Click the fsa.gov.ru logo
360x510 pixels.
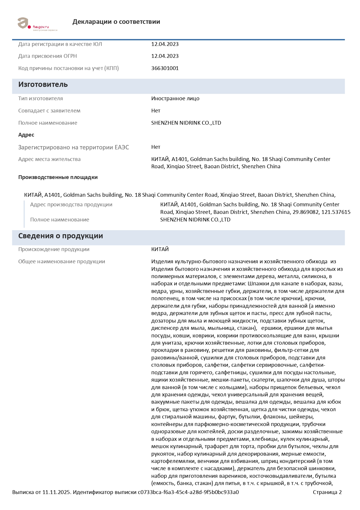click(37, 24)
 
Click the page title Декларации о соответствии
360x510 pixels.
click(116, 22)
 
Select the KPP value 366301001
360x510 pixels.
click(165, 68)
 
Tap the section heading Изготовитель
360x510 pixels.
click(43, 85)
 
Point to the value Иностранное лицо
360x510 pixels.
click(175, 99)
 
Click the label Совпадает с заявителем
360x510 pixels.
click(49, 111)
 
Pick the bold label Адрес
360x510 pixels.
click(26, 135)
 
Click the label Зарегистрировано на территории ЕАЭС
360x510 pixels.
click(73, 147)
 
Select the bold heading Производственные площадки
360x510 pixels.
click(58, 177)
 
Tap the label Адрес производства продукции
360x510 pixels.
click(71, 205)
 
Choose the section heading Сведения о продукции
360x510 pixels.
click(60, 236)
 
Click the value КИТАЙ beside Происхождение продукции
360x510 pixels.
click(160, 249)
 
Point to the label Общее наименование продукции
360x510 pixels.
click(62, 262)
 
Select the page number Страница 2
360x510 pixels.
click(327, 492)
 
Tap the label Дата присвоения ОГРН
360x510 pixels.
click(48, 56)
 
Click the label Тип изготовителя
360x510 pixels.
click(40, 99)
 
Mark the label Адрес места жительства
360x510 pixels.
click(49, 159)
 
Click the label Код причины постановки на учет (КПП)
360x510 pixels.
click(69, 68)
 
